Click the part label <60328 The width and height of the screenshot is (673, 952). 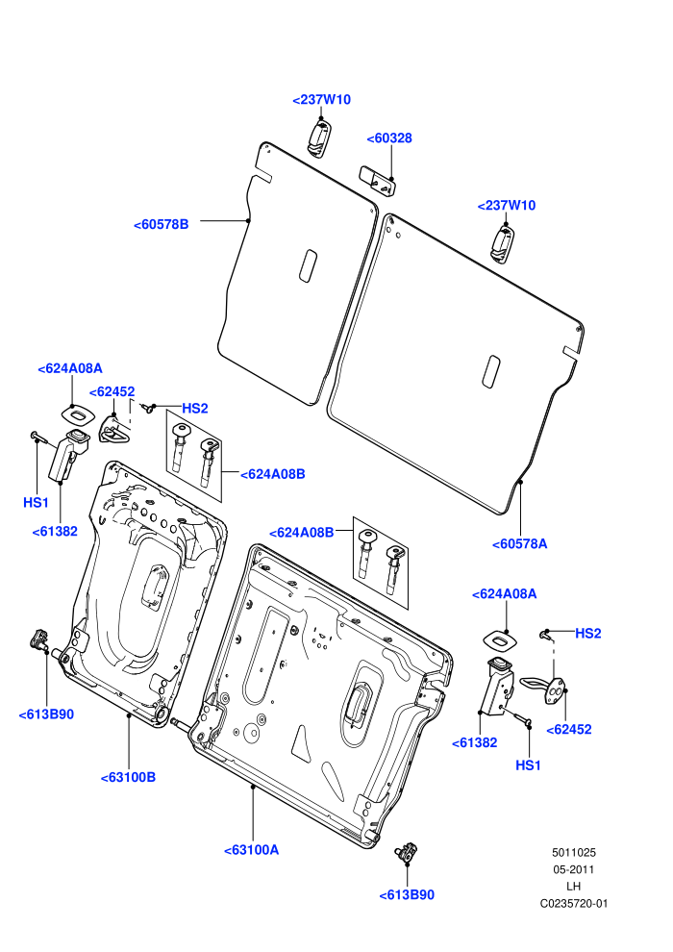pos(389,138)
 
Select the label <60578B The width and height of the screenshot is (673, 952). pos(162,225)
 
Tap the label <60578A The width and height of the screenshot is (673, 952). pos(520,544)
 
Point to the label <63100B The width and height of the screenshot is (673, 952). pos(129,777)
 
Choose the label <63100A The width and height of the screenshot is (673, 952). pos(252,850)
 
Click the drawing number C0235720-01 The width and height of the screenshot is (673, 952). pos(574,903)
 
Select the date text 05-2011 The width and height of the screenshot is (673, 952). pos(574,869)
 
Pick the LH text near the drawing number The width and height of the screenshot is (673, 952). pos(573,887)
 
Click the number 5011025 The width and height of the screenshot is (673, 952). pos(574,852)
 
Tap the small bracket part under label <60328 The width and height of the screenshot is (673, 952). pos(378,181)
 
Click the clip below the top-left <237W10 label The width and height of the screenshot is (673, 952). pos(319,139)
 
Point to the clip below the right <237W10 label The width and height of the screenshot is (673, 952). pos(503,244)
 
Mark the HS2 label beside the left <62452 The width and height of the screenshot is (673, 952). pos(195,409)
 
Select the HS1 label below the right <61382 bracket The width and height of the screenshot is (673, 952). pos(528,765)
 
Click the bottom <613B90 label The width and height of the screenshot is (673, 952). pos(407,895)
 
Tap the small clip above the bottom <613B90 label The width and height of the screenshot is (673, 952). pos(407,852)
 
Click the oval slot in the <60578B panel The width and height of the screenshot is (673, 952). pos(309,266)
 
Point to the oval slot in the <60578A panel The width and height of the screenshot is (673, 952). pos(491,371)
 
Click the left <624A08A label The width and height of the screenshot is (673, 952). pos(70,368)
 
